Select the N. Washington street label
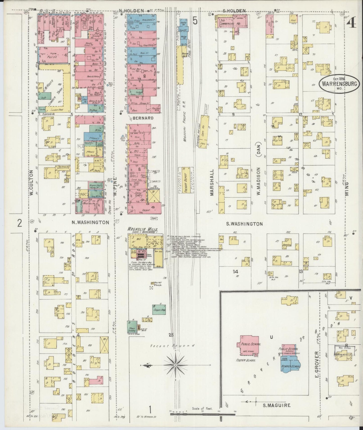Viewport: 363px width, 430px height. coord(90,222)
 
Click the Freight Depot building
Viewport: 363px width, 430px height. coord(186,180)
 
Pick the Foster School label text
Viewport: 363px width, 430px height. coord(248,360)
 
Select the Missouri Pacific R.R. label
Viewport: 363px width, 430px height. coord(185,122)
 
